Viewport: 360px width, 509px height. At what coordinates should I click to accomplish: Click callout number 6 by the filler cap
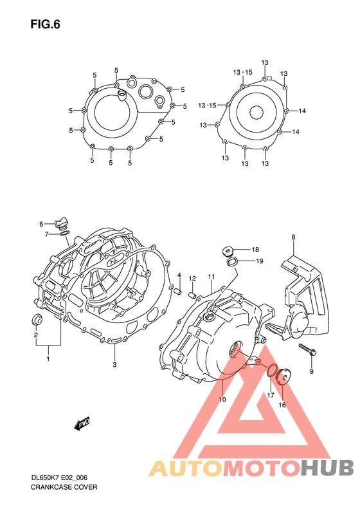point(40,224)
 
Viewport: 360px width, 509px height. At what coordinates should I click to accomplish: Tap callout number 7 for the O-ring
point(46,234)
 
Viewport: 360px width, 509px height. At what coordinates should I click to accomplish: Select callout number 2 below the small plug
point(35,335)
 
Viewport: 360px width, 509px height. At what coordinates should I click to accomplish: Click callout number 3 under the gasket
point(114,366)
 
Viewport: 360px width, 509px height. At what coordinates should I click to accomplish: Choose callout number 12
point(192,278)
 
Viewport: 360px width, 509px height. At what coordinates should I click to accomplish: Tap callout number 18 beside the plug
point(255,249)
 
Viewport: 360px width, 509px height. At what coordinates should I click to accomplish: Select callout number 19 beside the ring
point(260,261)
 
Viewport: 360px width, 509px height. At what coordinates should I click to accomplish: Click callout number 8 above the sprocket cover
point(293,237)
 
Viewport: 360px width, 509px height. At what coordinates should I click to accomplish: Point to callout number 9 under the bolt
point(311,372)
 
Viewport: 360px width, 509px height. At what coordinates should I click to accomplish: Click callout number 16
point(282,405)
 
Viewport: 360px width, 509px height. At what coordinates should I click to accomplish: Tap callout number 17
point(271,396)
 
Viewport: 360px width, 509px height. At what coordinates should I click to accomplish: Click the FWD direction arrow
point(82,423)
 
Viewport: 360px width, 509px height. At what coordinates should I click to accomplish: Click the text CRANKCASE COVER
point(64,488)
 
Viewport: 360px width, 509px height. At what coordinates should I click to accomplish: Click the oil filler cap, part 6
point(61,223)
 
